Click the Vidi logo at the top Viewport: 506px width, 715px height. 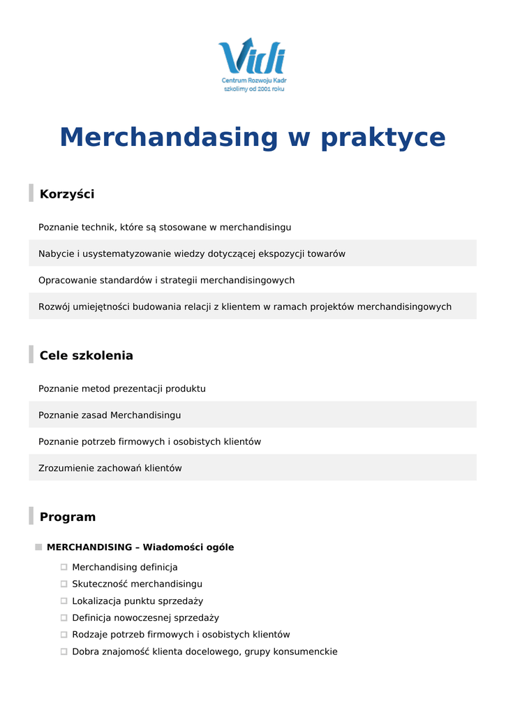point(252,57)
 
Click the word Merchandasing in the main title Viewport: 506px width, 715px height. point(169,138)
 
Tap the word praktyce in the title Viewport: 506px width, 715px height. point(382,138)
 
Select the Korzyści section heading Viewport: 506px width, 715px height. point(67,194)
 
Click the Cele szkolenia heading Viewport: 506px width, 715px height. point(86,355)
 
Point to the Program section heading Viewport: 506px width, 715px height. point(68,517)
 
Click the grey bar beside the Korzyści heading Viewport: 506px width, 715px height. point(31,193)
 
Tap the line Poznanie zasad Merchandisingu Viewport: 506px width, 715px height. point(110,415)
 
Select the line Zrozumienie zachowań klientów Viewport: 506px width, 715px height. point(110,468)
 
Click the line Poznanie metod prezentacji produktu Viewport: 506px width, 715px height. point(122,388)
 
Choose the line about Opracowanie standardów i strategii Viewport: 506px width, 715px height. point(166,280)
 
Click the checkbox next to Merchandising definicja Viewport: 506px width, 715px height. point(64,567)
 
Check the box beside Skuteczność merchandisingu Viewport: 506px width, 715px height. point(64,584)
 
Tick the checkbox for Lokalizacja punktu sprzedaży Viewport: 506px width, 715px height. point(64,600)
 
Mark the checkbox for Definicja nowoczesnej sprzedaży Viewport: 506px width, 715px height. point(64,617)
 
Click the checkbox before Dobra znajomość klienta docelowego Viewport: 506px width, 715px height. point(64,651)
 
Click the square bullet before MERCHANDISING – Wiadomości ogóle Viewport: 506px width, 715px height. point(38,547)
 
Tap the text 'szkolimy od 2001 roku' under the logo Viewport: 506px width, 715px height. point(253,89)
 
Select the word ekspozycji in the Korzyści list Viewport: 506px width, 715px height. point(281,253)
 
